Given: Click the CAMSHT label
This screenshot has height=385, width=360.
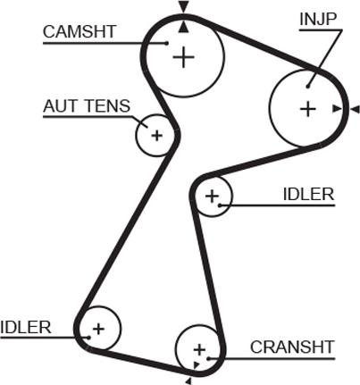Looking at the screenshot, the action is tap(80, 32).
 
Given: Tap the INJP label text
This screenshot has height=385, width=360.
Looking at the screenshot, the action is tap(318, 19).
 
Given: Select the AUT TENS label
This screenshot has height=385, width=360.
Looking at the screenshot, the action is tap(87, 105).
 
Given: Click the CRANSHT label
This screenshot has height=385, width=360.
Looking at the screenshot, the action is tap(292, 347).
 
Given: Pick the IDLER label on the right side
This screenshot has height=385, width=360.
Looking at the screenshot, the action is tap(309, 195).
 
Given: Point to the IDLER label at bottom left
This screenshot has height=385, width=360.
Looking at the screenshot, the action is tap(26, 327).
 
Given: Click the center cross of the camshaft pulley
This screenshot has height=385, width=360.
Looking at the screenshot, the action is tap(183, 57).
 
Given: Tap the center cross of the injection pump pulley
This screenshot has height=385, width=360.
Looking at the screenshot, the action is tap(308, 109).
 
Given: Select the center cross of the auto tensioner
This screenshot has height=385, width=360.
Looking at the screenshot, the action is tap(156, 136).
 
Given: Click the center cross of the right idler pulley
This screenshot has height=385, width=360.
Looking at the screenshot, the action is tap(212, 197).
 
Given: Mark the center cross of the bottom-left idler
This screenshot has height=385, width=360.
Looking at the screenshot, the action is tap(98, 329).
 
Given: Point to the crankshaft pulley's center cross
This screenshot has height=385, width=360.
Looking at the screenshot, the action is tap(199, 349).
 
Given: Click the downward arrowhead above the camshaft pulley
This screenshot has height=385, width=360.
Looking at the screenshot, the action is tap(184, 7).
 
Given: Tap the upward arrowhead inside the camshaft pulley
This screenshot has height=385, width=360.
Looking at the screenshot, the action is tap(184, 27).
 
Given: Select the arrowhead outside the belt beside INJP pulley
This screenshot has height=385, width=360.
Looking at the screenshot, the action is tap(355, 109).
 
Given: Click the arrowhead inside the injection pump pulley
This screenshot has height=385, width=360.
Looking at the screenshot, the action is tap(337, 109).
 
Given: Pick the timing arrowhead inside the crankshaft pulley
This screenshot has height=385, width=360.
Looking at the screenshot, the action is tap(196, 364).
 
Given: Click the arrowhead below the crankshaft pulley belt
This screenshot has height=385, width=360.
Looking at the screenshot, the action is tap(188, 381).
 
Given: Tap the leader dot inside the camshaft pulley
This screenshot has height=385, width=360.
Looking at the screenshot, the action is tap(167, 43).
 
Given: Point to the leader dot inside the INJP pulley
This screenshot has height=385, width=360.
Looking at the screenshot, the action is tap(308, 87).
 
